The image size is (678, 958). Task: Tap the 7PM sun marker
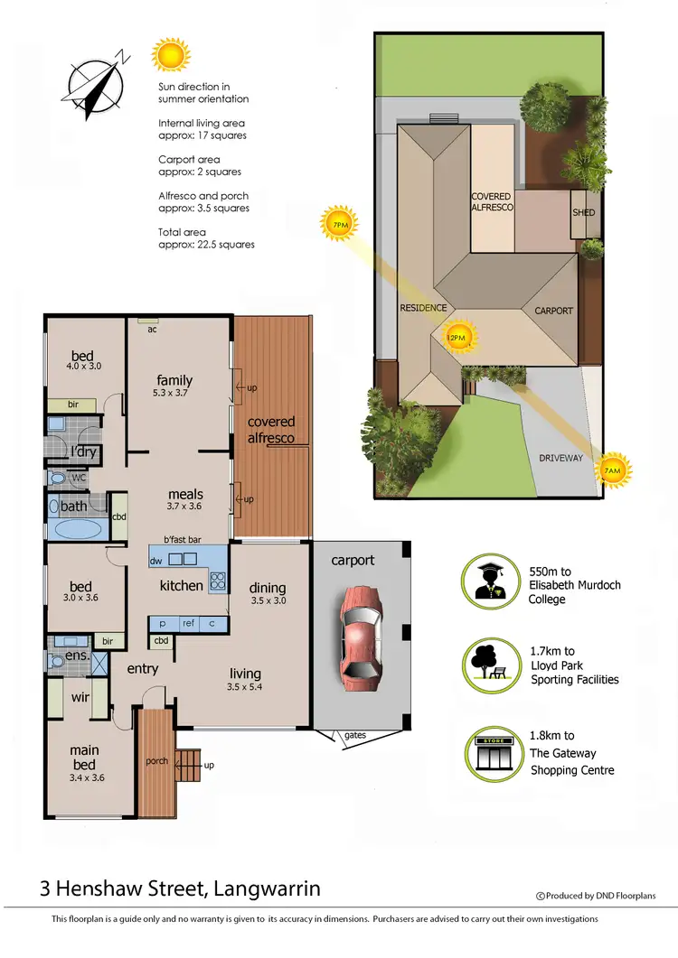pos(340,223)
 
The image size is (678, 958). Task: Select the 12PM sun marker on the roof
pos(457,337)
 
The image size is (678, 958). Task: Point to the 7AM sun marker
pos(612,470)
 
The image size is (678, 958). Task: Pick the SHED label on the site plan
pos(583,213)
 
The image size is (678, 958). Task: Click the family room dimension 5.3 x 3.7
pos(174,395)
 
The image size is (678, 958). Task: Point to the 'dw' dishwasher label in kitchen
pos(156,561)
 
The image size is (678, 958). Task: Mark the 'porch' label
pos(156,760)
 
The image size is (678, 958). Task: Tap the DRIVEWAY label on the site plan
pos(560,458)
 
